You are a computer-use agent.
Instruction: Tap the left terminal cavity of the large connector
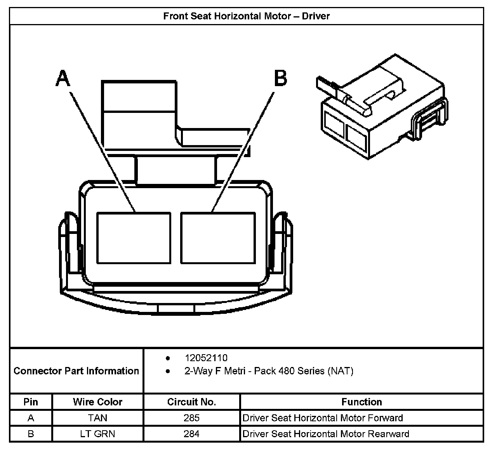pyautogui.click(x=134, y=237)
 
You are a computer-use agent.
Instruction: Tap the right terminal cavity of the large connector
pyautogui.click(x=218, y=237)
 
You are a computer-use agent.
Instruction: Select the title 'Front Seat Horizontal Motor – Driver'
pyautogui.click(x=247, y=16)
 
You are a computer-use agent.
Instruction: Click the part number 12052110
pyautogui.click(x=206, y=358)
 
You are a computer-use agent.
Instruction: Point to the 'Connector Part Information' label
pyautogui.click(x=76, y=371)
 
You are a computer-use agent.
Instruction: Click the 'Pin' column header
pyautogui.click(x=31, y=402)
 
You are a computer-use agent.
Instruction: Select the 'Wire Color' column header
pyautogui.click(x=97, y=402)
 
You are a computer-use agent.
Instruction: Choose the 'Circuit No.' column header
pyautogui.click(x=191, y=402)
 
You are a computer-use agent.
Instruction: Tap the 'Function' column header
pyautogui.click(x=361, y=402)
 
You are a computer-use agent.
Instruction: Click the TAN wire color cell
pyautogui.click(x=97, y=418)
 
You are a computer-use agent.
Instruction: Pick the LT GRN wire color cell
pyautogui.click(x=97, y=433)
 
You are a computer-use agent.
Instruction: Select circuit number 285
pyautogui.click(x=191, y=418)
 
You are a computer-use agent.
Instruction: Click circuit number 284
pyautogui.click(x=191, y=433)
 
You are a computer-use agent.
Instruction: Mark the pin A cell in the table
pyautogui.click(x=31, y=418)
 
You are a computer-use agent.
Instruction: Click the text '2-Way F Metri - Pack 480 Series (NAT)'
pyautogui.click(x=269, y=371)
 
